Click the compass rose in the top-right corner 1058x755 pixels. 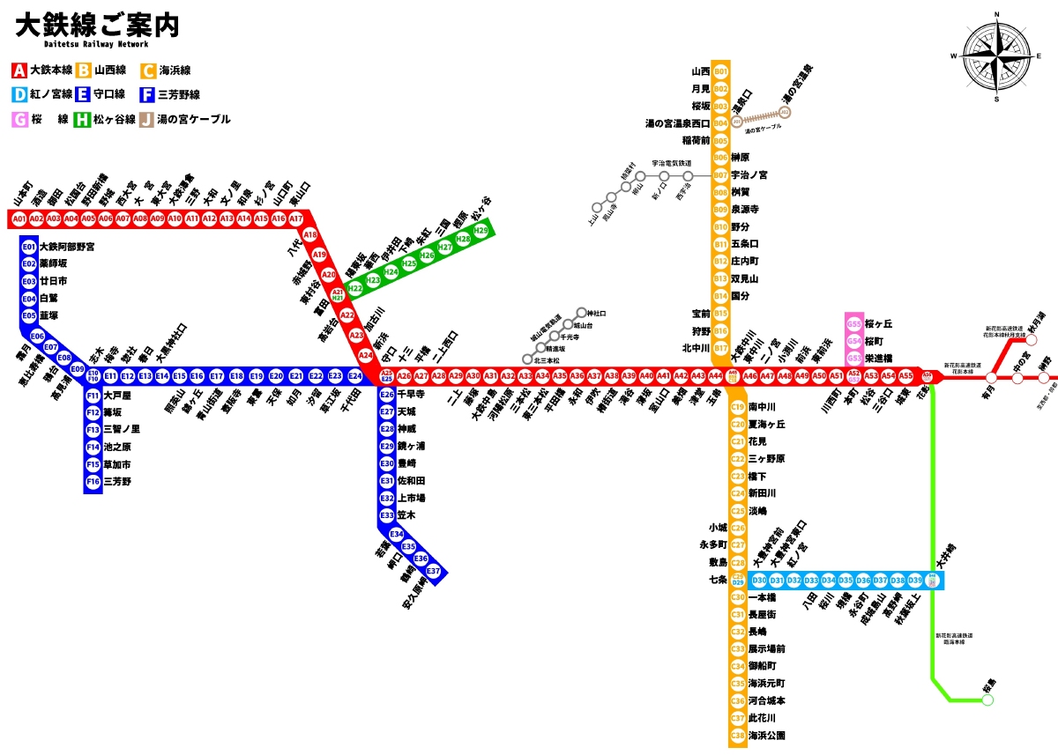997,56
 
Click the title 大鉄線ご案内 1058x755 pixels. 98,26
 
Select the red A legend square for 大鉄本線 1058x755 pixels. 19,70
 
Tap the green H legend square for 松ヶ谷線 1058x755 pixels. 83,119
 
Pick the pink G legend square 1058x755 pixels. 19,119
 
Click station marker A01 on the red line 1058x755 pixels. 19,218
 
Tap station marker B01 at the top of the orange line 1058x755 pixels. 721,71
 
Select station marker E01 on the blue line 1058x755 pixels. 29,247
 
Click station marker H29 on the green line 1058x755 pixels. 481,230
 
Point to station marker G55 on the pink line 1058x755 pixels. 853,324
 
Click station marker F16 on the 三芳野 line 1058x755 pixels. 93,482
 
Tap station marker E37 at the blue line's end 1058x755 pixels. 434,571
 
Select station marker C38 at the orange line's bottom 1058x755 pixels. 738,735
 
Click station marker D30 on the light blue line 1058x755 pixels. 760,581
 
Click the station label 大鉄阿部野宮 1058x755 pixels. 67,247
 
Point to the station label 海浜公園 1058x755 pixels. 766,735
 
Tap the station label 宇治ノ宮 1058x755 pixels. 749,175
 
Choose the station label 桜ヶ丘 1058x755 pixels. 879,324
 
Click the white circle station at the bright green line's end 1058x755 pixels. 987,699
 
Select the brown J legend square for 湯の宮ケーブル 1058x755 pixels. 146,119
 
